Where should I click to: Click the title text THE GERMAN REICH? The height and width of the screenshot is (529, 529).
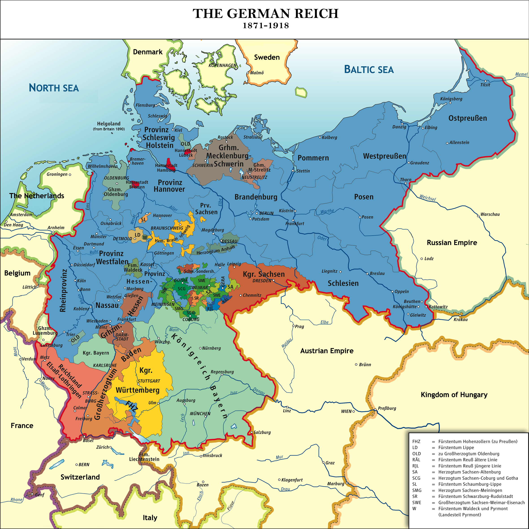pyautogui.click(x=265, y=14)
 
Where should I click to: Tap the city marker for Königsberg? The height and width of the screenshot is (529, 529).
pyautogui.click(x=450, y=103)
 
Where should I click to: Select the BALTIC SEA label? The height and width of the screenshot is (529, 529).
pyautogui.click(x=369, y=70)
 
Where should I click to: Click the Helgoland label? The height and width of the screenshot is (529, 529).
pyautogui.click(x=109, y=124)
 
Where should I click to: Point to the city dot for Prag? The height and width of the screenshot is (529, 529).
pyautogui.click(x=293, y=326)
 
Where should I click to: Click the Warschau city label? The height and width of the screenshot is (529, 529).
pyautogui.click(x=490, y=214)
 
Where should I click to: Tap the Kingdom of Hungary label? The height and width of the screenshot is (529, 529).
pyautogui.click(x=454, y=395)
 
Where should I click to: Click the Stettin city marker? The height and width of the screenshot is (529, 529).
pyautogui.click(x=293, y=171)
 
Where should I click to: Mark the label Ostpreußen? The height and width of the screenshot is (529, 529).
pyautogui.click(x=468, y=118)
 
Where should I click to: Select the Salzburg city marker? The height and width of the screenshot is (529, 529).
pyautogui.click(x=252, y=432)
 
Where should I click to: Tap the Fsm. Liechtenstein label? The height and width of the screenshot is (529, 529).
pyautogui.click(x=144, y=457)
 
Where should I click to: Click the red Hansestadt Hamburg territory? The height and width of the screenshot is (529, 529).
pyautogui.click(x=169, y=161)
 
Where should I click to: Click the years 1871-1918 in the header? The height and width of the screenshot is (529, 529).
pyautogui.click(x=266, y=26)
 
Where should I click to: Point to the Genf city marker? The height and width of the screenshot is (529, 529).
pyautogui.click(x=32, y=495)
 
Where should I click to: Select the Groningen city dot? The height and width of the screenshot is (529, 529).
pyautogui.click(x=70, y=174)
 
